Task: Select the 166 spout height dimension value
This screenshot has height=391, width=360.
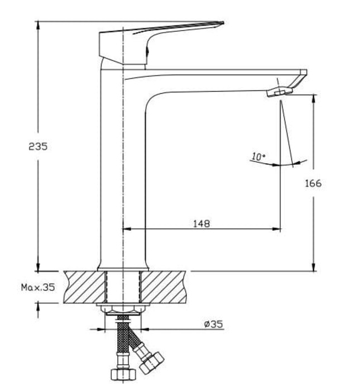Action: pos(314,183)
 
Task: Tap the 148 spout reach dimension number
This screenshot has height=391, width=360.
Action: pos(201,223)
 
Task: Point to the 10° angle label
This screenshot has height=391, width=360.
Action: pos(258,157)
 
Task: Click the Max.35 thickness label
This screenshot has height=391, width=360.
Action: pos(38,288)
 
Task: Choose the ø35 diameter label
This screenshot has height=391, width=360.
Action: pos(213,323)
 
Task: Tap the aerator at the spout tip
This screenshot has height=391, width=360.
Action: pos(279,92)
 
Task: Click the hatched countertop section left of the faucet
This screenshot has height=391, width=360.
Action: pos(84,286)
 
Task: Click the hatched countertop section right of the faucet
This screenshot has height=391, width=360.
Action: pos(165,286)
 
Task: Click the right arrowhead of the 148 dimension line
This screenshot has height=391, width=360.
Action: pos(277,229)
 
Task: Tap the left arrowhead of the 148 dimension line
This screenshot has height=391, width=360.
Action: pos(125,229)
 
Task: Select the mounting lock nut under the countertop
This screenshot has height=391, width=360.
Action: pos(122,308)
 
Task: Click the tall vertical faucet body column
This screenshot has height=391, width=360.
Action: pos(122,168)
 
